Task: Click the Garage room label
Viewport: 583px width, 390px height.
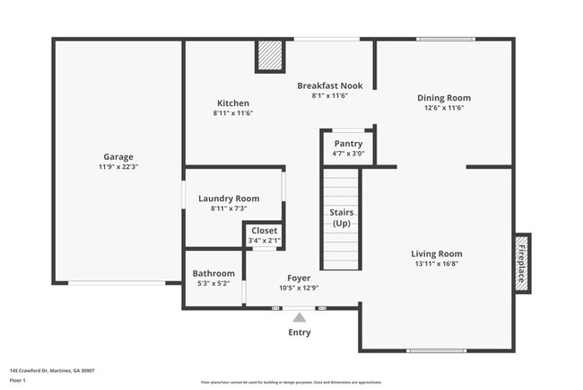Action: point(117,156)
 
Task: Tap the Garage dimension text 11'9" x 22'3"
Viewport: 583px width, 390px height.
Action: point(117,167)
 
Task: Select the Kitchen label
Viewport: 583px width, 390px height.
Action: point(233,103)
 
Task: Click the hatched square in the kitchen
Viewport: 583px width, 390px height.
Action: point(268,56)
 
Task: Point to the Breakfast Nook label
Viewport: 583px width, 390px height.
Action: point(329,85)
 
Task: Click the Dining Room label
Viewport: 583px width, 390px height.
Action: point(443,98)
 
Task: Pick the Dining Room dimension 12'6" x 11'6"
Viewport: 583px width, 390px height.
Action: point(443,109)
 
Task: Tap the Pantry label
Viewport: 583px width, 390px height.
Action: point(348,144)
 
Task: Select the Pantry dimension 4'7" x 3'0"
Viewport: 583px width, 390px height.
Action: point(348,154)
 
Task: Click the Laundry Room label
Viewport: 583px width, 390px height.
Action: point(229,199)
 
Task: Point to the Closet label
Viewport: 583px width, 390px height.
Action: point(264,231)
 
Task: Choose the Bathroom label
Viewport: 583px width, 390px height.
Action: point(213,273)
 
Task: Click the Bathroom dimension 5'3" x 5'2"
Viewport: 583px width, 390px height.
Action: point(213,284)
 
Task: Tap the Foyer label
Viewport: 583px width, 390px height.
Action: point(299,278)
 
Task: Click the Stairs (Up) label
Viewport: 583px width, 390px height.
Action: point(341,217)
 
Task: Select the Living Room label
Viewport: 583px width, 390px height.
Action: point(437,253)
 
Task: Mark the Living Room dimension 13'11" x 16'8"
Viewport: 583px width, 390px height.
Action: point(437,264)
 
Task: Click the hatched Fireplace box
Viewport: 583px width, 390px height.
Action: point(520,261)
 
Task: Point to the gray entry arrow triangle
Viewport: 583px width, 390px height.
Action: point(299,315)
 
